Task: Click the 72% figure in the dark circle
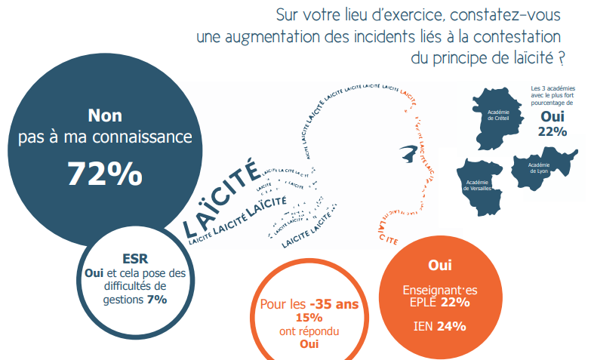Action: click(105, 173)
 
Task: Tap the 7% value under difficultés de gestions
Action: click(157, 300)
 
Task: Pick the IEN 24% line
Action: click(439, 326)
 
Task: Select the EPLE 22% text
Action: click(439, 302)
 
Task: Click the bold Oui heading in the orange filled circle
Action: click(439, 265)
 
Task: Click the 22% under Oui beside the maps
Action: click(553, 131)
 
